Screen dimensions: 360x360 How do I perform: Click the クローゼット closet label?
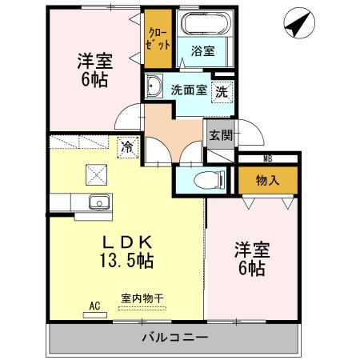[158, 39]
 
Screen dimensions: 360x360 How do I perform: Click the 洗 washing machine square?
[225, 90]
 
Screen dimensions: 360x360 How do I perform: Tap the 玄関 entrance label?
[221, 134]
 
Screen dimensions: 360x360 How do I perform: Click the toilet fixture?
[210, 178]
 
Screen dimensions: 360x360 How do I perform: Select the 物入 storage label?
[267, 180]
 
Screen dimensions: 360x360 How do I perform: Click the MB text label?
[267, 158]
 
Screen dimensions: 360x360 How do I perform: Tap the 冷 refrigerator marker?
[126, 146]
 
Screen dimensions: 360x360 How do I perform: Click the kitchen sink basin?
[98, 202]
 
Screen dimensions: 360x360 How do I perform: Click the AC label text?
[94, 305]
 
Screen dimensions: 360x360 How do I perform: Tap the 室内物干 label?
[142, 298]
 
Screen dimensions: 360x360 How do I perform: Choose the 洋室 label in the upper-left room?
[94, 59]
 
